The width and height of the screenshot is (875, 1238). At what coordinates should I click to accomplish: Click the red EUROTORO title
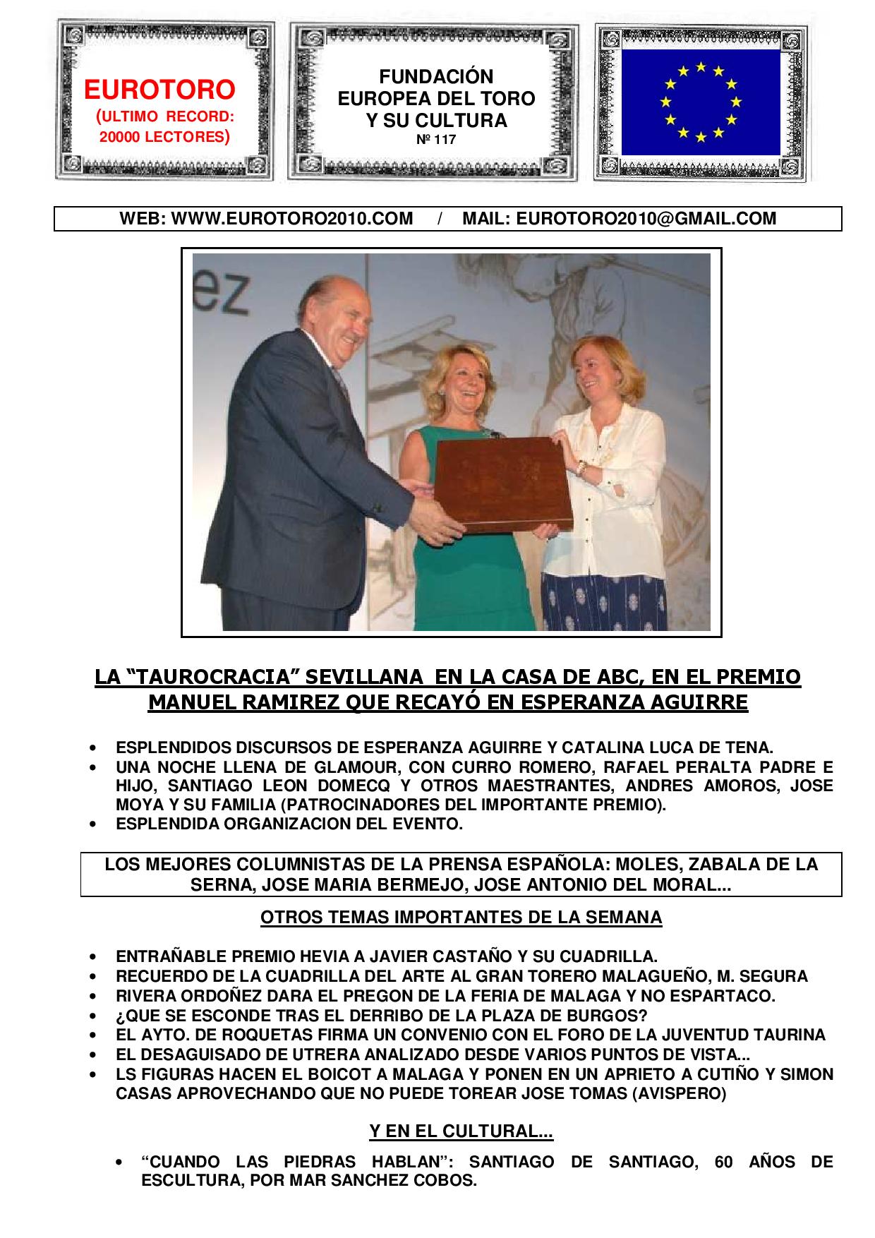coord(159,90)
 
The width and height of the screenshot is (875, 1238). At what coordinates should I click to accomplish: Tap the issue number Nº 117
coord(435,140)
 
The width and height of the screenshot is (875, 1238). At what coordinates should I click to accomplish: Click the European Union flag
coord(700,102)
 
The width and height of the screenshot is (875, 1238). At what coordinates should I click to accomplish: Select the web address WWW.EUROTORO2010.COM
coord(292,219)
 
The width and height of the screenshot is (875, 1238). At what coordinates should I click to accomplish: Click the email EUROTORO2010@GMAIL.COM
coord(646,219)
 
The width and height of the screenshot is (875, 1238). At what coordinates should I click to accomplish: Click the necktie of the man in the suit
coord(341,382)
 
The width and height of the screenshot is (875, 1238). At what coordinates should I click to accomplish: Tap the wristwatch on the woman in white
coord(581,467)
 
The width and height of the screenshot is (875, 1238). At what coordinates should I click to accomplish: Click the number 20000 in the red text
coord(120,137)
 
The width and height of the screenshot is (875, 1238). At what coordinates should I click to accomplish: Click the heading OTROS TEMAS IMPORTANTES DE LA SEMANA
coord(461,918)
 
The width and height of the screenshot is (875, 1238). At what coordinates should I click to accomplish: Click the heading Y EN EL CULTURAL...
coord(461,1131)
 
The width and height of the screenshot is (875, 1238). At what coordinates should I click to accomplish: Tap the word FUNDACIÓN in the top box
coord(436,76)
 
